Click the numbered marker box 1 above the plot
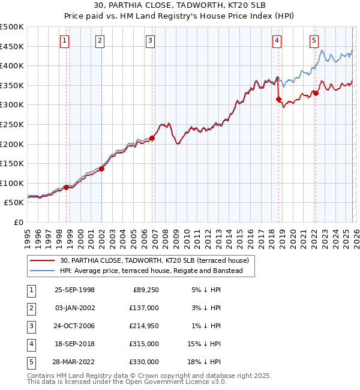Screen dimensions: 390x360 point(64,41)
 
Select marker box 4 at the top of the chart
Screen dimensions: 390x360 point(277,41)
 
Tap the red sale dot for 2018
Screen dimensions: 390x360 point(278,99)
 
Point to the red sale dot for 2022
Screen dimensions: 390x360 point(316,93)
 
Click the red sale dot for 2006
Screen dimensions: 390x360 point(152,138)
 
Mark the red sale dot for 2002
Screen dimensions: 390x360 point(101,169)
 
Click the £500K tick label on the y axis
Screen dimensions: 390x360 point(12,27)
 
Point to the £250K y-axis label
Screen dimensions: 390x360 point(12,124)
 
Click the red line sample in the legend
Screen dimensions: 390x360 point(43,260)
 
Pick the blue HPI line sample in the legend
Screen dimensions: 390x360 point(43,271)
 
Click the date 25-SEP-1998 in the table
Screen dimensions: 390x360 point(74,290)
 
